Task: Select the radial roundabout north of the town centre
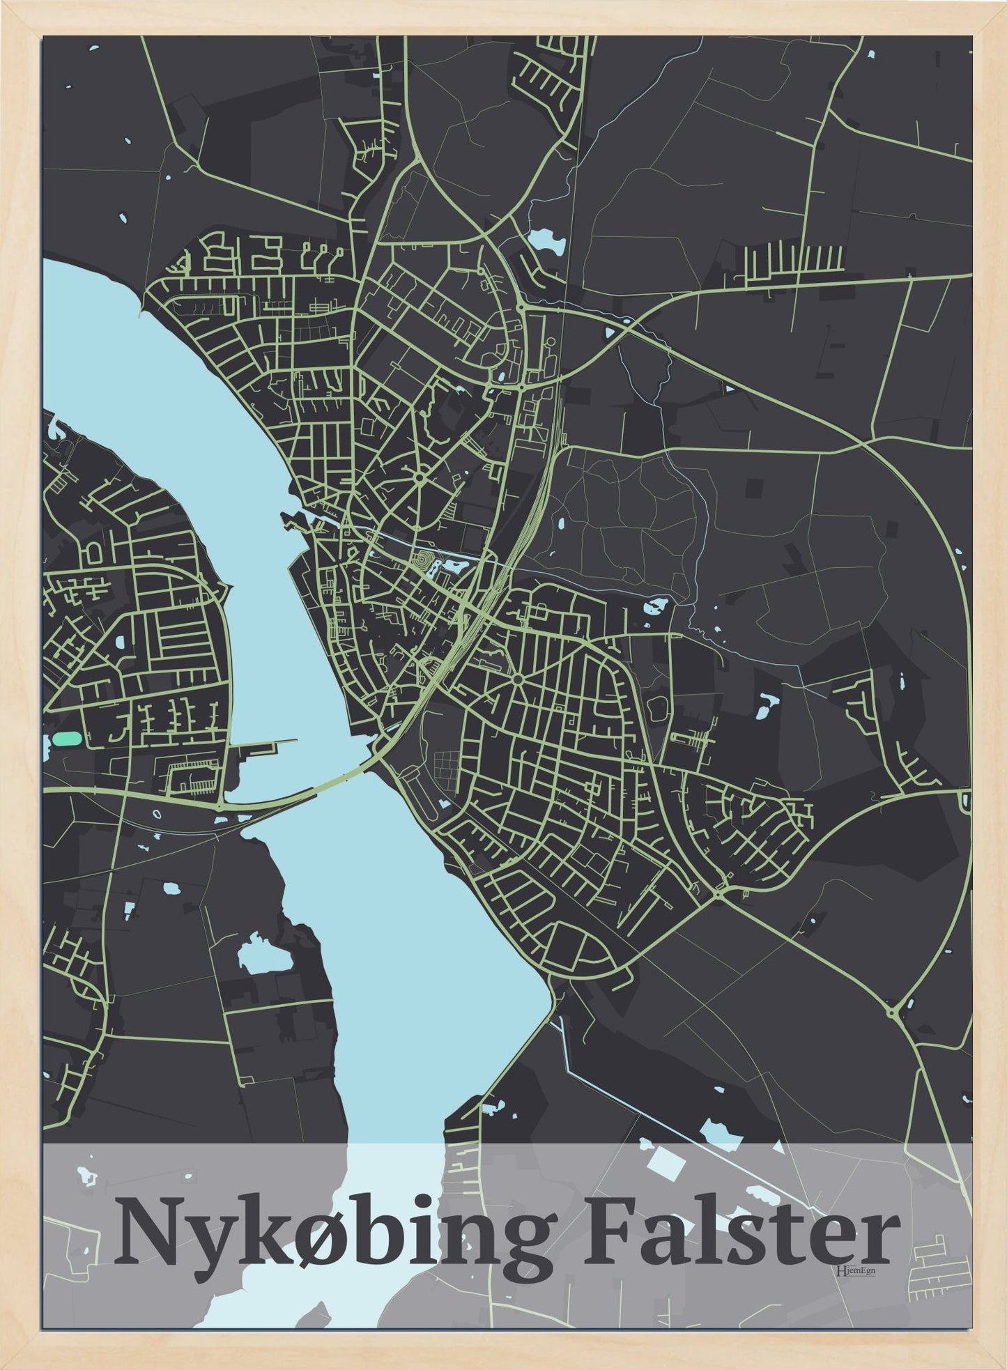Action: tap(420, 478)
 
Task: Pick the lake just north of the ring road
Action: tap(546, 240)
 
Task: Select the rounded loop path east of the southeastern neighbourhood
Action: tap(658, 707)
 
